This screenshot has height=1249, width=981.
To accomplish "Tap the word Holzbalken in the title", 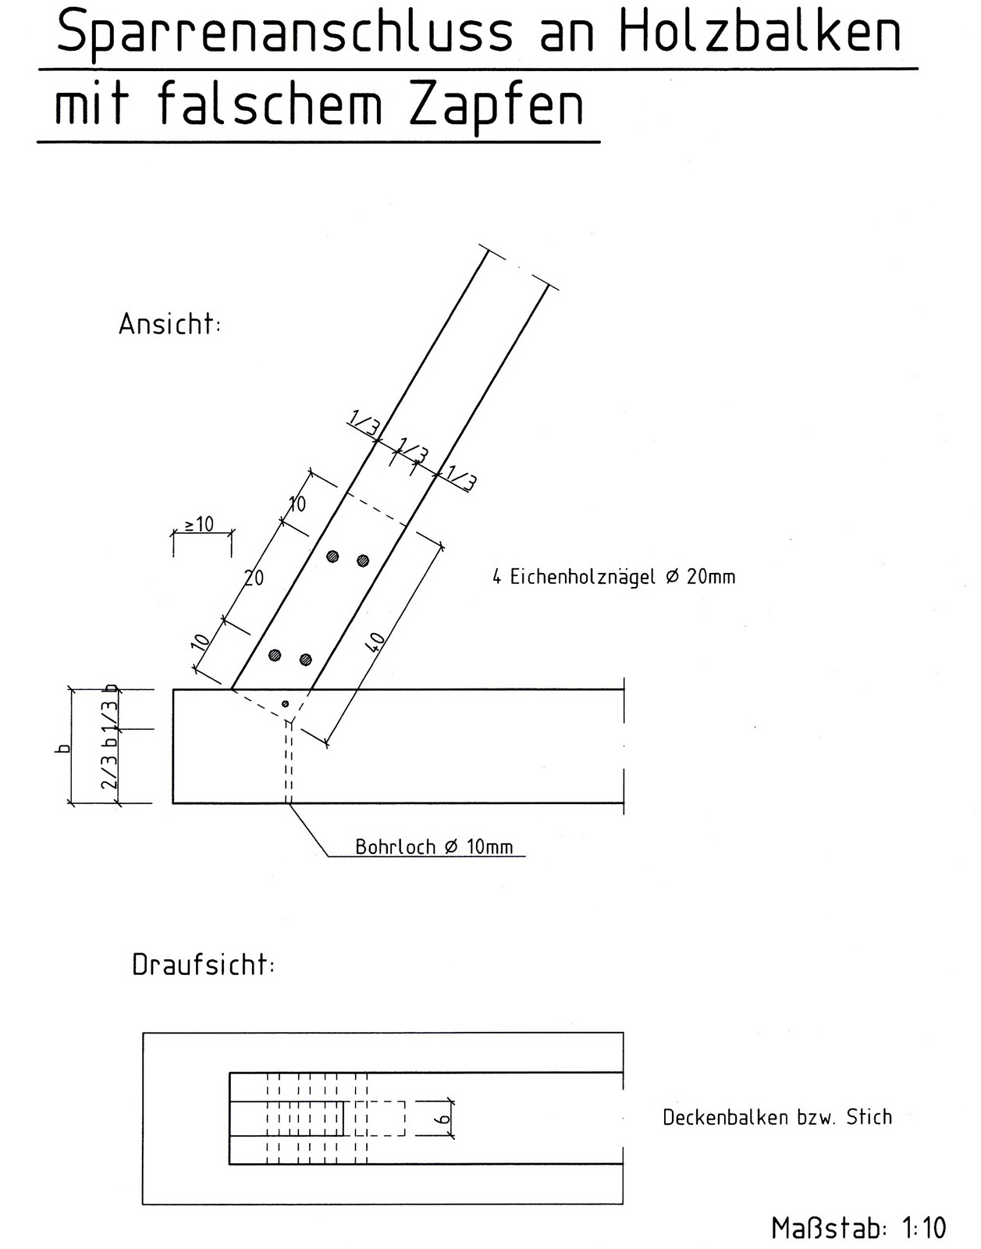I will [760, 34].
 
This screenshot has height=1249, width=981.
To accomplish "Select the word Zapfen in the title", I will [496, 106].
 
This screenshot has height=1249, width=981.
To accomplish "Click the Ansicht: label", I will [169, 324].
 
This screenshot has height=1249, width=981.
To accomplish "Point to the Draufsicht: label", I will [203, 966].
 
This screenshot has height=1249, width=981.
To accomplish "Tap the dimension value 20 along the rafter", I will [254, 578].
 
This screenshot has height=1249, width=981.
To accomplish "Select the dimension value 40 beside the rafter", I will [375, 642].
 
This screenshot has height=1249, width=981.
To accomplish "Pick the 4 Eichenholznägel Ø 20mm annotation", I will [613, 577].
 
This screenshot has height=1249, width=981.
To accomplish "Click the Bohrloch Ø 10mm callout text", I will [434, 847].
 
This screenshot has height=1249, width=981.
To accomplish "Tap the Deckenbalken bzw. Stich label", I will [777, 1117].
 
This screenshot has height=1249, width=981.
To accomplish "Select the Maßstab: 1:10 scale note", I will [858, 1228].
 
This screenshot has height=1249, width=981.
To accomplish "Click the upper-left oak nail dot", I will [332, 557].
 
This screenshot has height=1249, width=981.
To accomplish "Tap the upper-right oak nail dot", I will [363, 560].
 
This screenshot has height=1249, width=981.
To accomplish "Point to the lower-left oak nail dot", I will [275, 655].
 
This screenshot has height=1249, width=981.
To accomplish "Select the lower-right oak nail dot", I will [305, 660].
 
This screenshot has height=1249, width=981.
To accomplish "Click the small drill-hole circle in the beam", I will [285, 704].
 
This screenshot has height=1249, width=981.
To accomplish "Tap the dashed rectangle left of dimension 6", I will [380, 1119].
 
